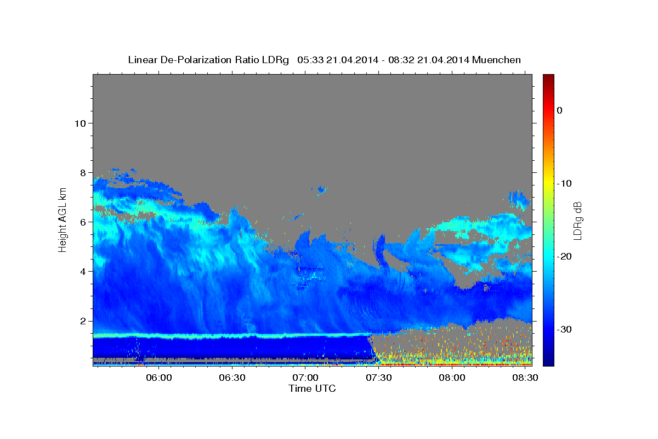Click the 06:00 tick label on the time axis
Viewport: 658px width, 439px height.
click(159, 378)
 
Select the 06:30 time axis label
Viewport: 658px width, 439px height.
click(232, 378)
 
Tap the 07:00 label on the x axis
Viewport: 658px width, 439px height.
click(305, 378)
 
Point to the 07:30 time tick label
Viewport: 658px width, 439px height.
click(379, 378)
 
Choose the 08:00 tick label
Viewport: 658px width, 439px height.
click(452, 378)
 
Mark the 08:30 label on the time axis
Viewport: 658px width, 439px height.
click(525, 378)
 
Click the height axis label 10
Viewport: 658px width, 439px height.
click(80, 123)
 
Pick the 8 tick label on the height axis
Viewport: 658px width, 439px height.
click(83, 173)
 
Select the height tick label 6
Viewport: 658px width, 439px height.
click(83, 222)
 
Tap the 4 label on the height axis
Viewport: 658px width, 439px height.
click(83, 272)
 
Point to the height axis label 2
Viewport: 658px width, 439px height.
click(83, 321)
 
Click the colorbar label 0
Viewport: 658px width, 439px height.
click(560, 110)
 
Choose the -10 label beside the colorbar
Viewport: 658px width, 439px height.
click(564, 183)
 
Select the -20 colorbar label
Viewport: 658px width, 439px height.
click(564, 256)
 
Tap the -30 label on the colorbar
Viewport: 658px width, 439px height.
click(564, 329)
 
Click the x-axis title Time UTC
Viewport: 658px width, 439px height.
click(312, 389)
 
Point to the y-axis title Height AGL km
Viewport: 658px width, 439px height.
click(63, 220)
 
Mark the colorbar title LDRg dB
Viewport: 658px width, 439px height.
click(577, 221)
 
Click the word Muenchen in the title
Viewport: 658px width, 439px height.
click(496, 60)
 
